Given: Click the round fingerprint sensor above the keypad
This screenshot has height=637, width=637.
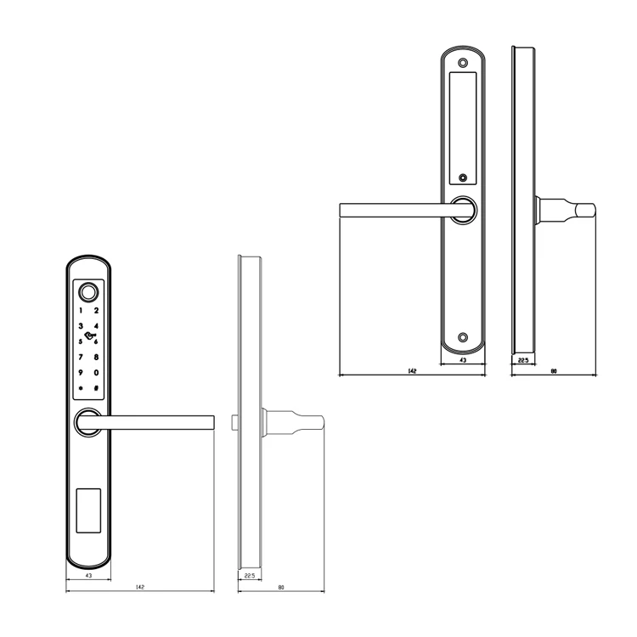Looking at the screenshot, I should click(x=88, y=294).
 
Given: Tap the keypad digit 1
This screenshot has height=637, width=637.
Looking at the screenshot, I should click(x=81, y=311).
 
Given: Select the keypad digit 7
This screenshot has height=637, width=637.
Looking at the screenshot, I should click(x=81, y=358).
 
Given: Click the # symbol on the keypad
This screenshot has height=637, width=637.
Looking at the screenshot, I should click(x=96, y=389).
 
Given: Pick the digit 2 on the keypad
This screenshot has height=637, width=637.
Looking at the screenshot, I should click(x=96, y=311).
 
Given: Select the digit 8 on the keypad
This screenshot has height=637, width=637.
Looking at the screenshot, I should click(x=96, y=358).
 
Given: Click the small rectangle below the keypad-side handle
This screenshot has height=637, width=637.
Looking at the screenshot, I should click(x=88, y=510).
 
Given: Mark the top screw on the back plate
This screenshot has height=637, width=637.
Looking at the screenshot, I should click(x=463, y=63).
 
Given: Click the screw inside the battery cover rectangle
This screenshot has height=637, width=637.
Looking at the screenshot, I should click(x=463, y=178).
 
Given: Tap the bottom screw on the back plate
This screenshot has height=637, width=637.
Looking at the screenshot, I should click(x=463, y=337).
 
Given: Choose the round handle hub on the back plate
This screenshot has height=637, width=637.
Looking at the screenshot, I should click(x=463, y=210).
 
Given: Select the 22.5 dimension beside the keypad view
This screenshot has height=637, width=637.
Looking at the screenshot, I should click(x=249, y=577).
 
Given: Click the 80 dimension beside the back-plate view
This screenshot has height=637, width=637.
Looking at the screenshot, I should click(x=553, y=370).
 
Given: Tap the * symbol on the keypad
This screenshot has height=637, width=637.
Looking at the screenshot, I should click(x=81, y=389).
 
